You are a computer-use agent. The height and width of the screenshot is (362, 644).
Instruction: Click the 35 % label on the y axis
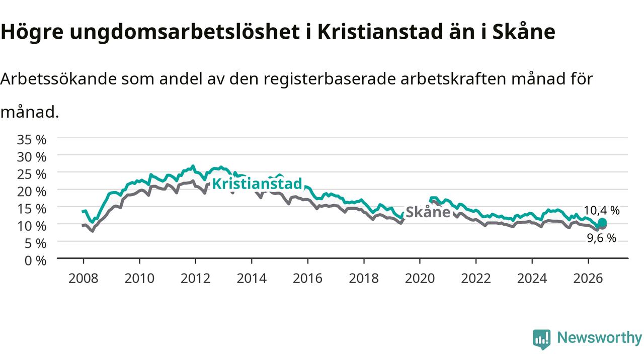pyautogui.click(x=32, y=140)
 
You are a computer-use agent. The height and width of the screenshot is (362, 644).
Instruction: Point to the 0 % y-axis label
pyautogui.click(x=35, y=261)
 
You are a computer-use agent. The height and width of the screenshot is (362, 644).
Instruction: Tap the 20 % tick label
pyautogui.click(x=32, y=192)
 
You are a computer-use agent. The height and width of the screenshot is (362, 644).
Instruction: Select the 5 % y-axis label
pyautogui.click(x=35, y=244)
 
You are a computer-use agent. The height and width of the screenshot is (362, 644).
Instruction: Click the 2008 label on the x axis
pyautogui.click(x=84, y=279)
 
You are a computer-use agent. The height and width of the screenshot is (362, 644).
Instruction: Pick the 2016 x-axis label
pyautogui.click(x=307, y=279)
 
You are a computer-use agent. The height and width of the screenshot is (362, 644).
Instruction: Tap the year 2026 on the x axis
pyautogui.click(x=588, y=279)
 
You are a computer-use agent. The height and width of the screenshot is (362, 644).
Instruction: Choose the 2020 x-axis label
pyautogui.click(x=420, y=279)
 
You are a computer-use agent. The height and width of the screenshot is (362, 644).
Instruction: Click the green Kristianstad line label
pyautogui.click(x=257, y=184)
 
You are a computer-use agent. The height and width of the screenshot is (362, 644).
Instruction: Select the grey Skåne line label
pyautogui.click(x=428, y=212)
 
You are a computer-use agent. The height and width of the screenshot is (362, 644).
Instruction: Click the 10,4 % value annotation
pyautogui.click(x=601, y=211)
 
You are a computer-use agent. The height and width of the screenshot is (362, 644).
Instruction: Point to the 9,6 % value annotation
pyautogui.click(x=601, y=238)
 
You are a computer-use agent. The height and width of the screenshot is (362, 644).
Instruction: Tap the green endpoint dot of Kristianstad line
pyautogui.click(x=602, y=222)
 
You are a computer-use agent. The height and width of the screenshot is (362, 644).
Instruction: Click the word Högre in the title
pyautogui.click(x=32, y=32)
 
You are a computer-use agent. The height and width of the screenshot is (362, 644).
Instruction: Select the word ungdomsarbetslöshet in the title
pyautogui.click(x=185, y=32)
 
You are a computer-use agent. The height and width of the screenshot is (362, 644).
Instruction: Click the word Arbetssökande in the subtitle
pyautogui.click(x=58, y=79)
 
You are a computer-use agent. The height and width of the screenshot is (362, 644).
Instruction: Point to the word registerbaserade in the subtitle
pyautogui.click(x=330, y=79)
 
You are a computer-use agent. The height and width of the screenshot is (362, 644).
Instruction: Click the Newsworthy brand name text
pyautogui.click(x=600, y=338)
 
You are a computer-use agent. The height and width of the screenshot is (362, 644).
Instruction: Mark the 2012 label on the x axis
pyautogui.click(x=196, y=279)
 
